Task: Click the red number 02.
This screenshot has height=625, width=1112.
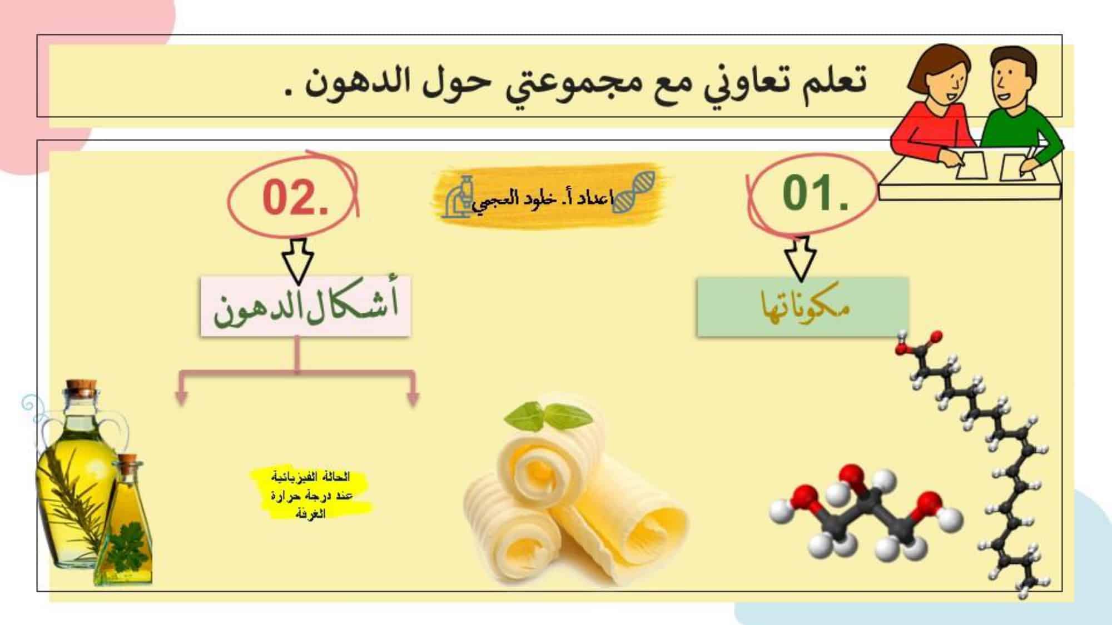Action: [x=295, y=198]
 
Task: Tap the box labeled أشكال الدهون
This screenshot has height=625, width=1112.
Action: [x=305, y=306]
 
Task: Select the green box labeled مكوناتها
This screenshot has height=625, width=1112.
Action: [x=802, y=307]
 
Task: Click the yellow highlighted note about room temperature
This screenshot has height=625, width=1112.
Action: [x=310, y=494]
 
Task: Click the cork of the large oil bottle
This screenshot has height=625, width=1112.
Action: [x=82, y=388]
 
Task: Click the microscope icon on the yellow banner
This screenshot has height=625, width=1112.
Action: [x=459, y=196]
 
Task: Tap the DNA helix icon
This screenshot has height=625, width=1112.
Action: [x=634, y=191]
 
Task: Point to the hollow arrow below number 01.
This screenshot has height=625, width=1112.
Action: [x=800, y=258]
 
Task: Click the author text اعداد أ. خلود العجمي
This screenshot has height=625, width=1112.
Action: [x=543, y=199]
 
